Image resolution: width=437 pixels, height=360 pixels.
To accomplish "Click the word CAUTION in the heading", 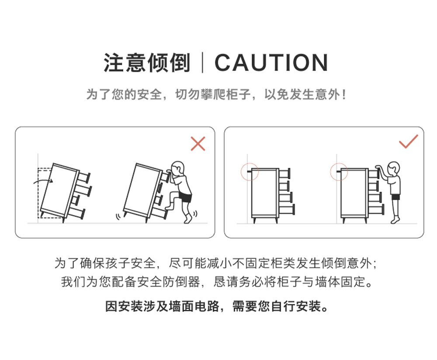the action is pos(271,62).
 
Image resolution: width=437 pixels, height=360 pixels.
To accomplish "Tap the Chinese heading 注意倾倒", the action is pos(147,62).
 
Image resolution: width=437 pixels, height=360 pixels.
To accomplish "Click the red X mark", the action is pos(198,143).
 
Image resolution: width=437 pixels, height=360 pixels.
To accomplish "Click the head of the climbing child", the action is pos(178,168).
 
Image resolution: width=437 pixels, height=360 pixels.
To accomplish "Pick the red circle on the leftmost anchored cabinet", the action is pos(250,172).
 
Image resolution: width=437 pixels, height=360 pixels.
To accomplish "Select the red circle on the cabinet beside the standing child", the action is pos(339,172).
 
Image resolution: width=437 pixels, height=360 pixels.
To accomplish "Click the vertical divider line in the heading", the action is pos(203,62).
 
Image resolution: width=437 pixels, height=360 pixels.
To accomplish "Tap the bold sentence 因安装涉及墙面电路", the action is pos(163,306).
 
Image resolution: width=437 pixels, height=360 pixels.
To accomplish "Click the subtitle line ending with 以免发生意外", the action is pos(216,94).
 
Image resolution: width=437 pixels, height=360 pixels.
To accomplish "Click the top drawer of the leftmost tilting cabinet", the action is pos(84,177).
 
